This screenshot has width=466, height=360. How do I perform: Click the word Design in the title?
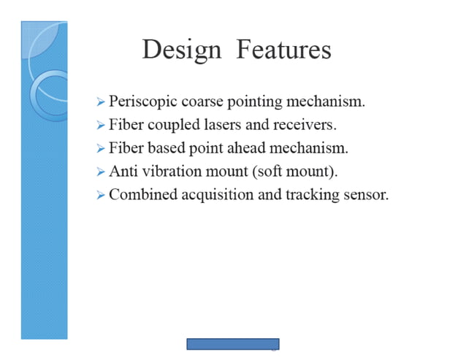(x=181, y=50)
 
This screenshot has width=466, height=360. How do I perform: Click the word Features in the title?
(x=283, y=50)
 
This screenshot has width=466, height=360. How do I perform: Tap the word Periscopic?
(x=141, y=102)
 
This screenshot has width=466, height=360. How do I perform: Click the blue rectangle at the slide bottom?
(x=232, y=344)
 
